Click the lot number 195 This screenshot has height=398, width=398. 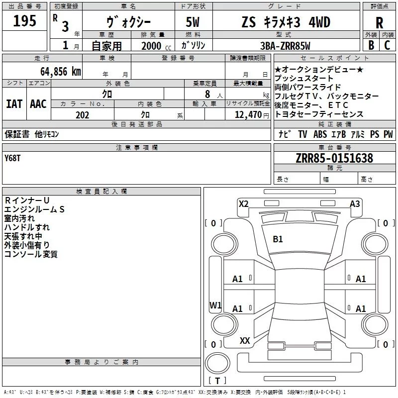point(24,21)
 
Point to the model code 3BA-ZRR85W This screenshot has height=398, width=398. point(285,46)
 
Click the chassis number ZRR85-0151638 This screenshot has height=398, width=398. point(334,158)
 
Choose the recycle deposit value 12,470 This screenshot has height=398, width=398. point(247,115)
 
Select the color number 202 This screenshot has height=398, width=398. point(82,115)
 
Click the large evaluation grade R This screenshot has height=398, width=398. point(379,23)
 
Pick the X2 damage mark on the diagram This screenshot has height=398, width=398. point(243,203)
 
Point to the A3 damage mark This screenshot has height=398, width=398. point(355,203)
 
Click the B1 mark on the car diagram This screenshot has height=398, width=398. point(278,239)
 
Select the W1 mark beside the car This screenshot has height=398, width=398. point(215,305)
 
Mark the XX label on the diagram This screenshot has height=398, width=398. point(245,340)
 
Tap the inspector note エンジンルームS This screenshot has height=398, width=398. point(34,209)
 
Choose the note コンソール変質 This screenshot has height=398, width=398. point(31,254)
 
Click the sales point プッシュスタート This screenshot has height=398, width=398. point(304,79)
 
